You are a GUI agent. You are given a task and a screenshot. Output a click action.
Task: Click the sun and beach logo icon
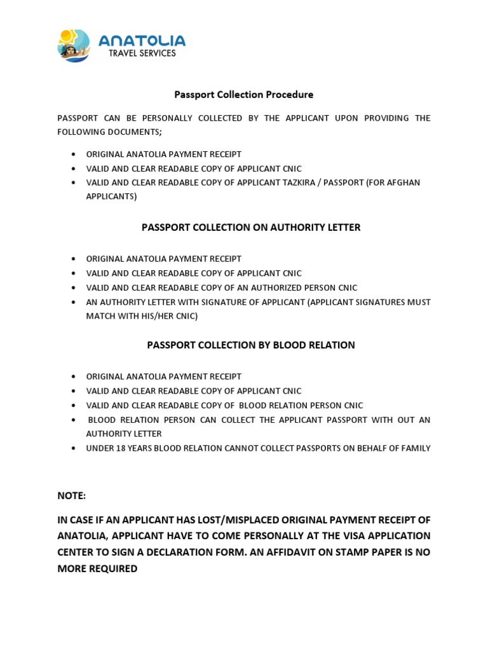(x=74, y=46)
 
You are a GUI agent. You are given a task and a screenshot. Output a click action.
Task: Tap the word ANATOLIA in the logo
(x=142, y=41)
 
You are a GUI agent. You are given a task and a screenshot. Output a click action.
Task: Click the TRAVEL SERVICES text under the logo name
(x=142, y=54)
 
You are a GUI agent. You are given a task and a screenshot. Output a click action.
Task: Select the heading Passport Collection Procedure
(x=244, y=95)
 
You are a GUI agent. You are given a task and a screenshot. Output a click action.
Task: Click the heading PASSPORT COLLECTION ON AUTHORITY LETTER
(x=251, y=228)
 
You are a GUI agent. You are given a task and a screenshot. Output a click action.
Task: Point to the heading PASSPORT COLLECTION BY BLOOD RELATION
(x=251, y=345)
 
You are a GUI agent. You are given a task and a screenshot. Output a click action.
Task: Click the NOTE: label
(x=71, y=495)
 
